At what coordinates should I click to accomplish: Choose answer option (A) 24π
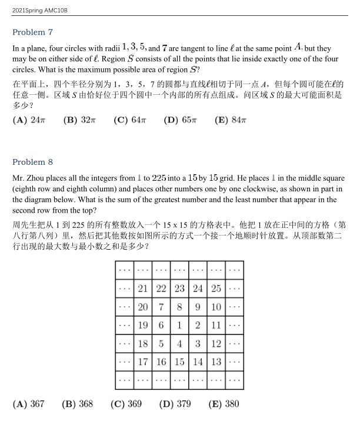tap(29, 120)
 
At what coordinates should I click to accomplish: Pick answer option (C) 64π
tap(129, 120)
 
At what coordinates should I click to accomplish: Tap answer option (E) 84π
tap(230, 120)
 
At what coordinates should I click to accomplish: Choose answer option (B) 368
tap(77, 404)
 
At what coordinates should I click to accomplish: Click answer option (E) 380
tap(224, 404)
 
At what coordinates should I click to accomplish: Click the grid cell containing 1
tap(179, 325)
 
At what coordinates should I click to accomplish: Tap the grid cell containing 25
tap(216, 289)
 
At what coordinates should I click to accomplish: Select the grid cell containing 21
tap(142, 289)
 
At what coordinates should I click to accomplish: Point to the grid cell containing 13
tap(216, 362)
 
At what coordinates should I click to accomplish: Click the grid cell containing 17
tap(142, 362)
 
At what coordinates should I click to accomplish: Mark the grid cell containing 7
tap(161, 307)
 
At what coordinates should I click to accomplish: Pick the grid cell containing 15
tap(179, 362)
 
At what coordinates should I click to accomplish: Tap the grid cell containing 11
tap(216, 325)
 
